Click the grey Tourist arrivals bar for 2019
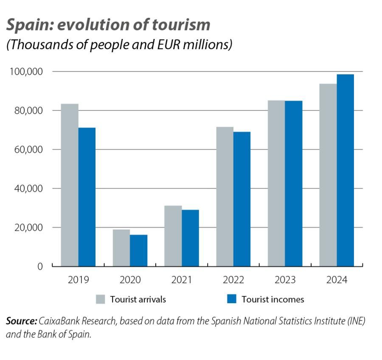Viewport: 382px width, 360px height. pos(70,185)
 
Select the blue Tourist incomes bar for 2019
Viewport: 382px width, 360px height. pos(87,197)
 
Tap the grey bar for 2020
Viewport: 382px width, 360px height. pos(121,248)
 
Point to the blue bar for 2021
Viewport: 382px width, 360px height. pos(191,238)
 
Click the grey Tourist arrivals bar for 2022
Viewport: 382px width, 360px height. pos(225,196)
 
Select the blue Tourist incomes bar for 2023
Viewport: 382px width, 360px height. pos(294,183)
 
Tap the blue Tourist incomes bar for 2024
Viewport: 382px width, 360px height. pos(345,170)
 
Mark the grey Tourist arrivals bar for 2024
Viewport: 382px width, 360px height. pos(328,175)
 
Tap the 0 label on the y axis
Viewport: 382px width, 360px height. pos(40,267)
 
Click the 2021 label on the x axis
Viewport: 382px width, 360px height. pos(182,280)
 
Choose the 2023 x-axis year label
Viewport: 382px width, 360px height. pos(285,280)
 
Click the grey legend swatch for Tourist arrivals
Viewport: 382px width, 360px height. pos(100,299)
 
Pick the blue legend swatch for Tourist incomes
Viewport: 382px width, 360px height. pos(231,299)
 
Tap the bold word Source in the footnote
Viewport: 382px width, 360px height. pos(21,321)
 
